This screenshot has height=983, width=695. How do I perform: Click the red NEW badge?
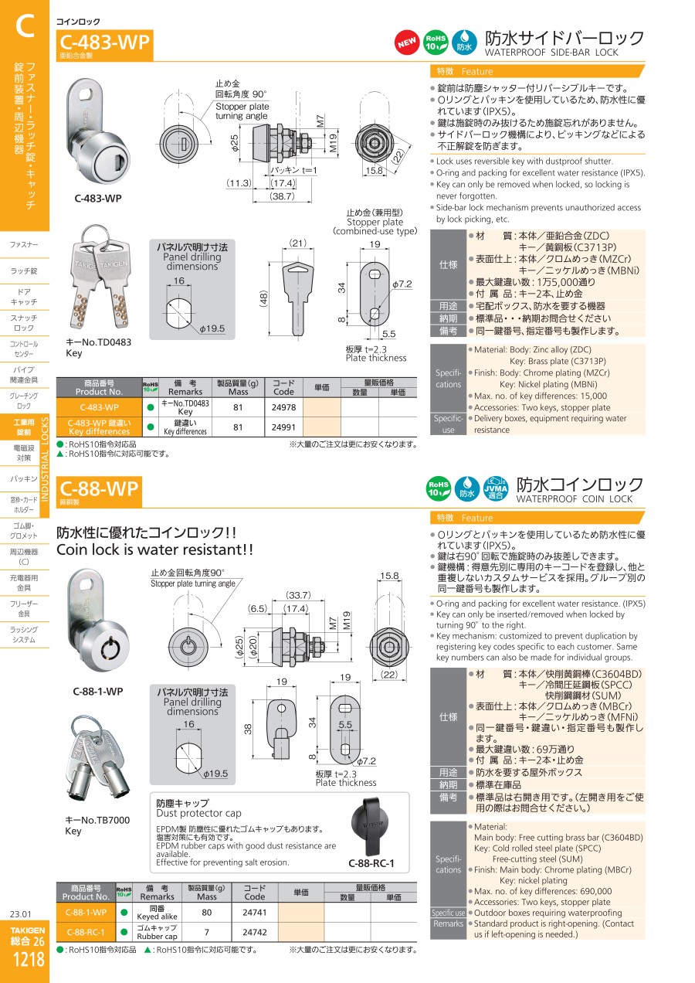[x=406, y=43]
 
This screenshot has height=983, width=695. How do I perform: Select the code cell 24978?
[x=283, y=407]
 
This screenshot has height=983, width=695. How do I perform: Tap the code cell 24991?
[x=283, y=427]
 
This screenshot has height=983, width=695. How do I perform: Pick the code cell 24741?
[x=255, y=913]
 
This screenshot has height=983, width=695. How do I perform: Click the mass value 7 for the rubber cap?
[x=206, y=932]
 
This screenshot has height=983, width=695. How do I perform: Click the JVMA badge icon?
[x=496, y=489]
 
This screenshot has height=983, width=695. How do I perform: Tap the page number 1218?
[x=29, y=959]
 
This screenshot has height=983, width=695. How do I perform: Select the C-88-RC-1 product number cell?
[x=86, y=932]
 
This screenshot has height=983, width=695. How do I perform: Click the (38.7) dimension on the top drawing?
[x=282, y=196]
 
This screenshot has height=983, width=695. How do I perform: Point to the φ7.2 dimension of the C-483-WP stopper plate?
[x=402, y=284]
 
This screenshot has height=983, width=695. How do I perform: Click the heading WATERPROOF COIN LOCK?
[x=574, y=499]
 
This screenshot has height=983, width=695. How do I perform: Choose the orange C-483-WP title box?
[x=105, y=45]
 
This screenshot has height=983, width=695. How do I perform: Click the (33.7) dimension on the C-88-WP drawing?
[x=298, y=595]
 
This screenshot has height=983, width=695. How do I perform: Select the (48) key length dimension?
[x=263, y=298]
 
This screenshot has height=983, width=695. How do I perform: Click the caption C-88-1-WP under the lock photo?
[x=98, y=691]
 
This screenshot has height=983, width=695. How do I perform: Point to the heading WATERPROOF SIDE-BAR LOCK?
[x=551, y=53]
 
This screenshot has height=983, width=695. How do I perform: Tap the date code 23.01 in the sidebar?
[x=21, y=914]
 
